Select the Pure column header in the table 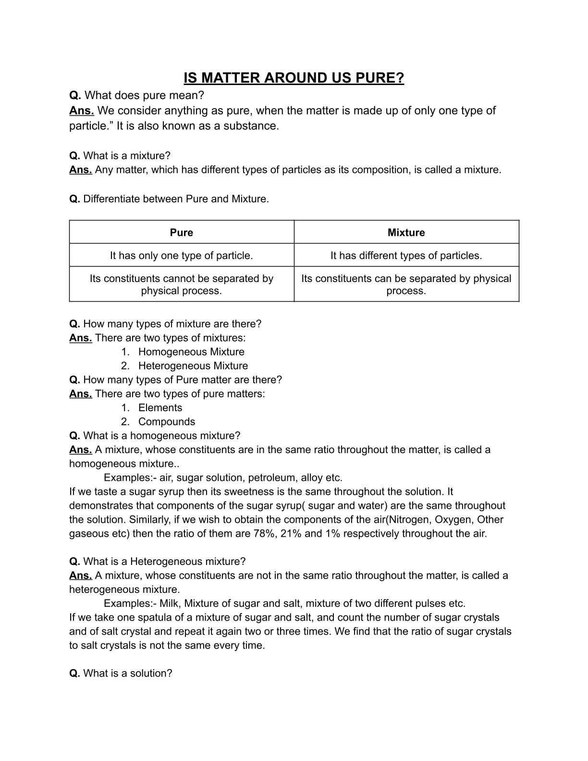pos(181,233)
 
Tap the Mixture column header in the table pos(406,233)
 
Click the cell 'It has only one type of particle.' pos(181,256)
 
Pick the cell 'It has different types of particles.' pos(406,256)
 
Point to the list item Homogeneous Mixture pos(191,352)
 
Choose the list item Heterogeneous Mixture pos(193,366)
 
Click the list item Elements pos(160,408)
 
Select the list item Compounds pos(167,422)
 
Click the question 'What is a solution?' pos(127,674)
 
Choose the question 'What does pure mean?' pos(144,95)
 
